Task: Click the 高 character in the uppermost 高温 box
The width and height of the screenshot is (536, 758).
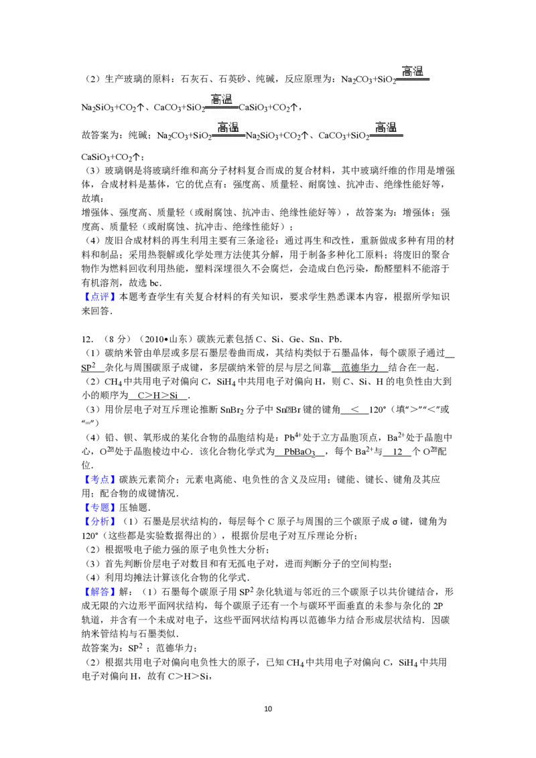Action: (x=407, y=71)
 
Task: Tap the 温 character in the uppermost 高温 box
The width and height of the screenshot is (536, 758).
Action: (x=418, y=71)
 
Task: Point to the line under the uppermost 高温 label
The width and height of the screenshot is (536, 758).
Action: (x=413, y=79)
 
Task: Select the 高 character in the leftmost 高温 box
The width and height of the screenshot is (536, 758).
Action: (x=216, y=99)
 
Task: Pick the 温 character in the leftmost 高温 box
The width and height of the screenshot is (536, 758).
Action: (x=227, y=99)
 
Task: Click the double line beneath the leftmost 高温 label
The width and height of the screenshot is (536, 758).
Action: (x=222, y=107)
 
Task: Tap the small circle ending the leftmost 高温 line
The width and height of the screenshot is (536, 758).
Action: (x=240, y=106)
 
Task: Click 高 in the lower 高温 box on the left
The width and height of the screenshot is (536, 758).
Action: (x=222, y=127)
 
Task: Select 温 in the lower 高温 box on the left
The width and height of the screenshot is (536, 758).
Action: (x=234, y=127)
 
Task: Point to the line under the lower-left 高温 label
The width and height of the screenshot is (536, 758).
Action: (x=228, y=135)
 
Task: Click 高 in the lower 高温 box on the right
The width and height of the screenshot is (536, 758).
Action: (x=380, y=127)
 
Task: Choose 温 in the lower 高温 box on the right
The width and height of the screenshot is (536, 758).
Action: (x=391, y=127)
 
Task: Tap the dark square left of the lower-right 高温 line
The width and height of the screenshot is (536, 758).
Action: (x=366, y=139)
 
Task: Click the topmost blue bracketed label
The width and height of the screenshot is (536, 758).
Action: (x=99, y=297)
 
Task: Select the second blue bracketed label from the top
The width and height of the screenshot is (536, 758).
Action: (x=99, y=479)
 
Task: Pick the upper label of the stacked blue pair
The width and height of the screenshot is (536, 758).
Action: (x=99, y=507)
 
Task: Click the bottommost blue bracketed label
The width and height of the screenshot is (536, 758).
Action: (x=99, y=592)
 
